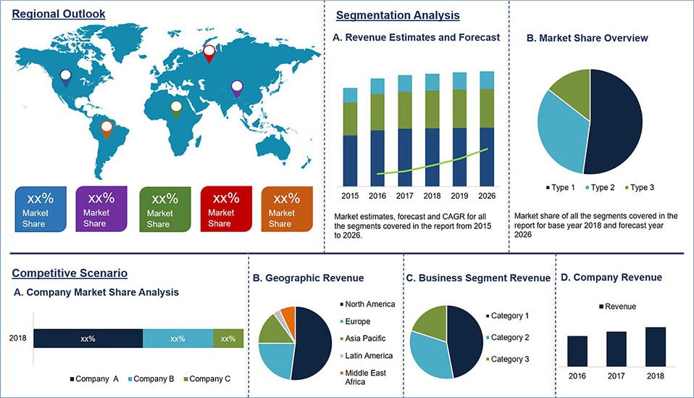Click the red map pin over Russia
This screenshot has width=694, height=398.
coord(209,52)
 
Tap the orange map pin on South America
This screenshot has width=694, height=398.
coord(106,129)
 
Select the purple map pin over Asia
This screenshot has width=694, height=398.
coord(237,88)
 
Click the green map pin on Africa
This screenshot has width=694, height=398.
coord(175,109)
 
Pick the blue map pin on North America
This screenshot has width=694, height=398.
coord(66,78)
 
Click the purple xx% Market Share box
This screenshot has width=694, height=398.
coord(101,209)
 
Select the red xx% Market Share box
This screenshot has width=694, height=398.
coord(225,209)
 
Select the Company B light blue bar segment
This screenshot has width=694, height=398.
coord(177,339)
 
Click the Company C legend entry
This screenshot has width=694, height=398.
coord(208,379)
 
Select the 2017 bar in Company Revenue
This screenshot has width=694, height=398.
coord(616,349)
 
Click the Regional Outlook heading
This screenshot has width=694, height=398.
coord(59,14)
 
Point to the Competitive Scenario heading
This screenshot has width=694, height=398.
coord(70,273)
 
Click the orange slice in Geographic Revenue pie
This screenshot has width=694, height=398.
coord(288,315)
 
